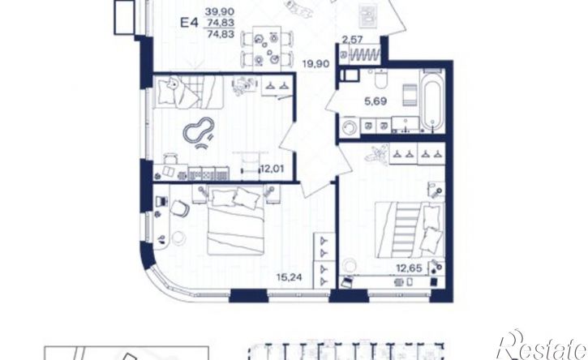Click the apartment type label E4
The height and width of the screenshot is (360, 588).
click(189, 23)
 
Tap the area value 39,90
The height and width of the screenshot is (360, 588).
click(220, 12)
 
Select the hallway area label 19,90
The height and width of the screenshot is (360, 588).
click(316, 64)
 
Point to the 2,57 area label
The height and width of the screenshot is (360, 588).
click(352, 40)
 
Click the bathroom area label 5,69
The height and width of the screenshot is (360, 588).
click(376, 101)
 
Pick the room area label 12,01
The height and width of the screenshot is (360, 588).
click(272, 169)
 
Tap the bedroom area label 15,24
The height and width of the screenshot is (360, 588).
click(289, 277)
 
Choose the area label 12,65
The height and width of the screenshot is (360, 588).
click(409, 268)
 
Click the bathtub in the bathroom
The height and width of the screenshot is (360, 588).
click(433, 101)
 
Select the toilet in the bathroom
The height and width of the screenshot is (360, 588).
click(381, 79)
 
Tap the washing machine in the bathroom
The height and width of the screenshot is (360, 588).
click(351, 126)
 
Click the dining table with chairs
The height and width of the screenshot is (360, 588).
click(267, 49)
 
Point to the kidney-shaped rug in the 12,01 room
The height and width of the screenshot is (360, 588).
click(199, 129)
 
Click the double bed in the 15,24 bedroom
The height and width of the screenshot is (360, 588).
click(234, 221)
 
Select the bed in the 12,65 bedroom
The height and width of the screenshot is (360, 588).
click(410, 230)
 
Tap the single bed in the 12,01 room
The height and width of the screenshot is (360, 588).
click(188, 92)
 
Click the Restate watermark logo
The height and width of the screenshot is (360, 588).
click(543, 345)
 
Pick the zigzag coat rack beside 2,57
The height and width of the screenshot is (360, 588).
click(365, 55)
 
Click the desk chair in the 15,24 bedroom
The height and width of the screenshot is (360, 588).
click(180, 208)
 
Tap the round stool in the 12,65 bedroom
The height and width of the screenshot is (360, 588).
click(349, 264)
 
